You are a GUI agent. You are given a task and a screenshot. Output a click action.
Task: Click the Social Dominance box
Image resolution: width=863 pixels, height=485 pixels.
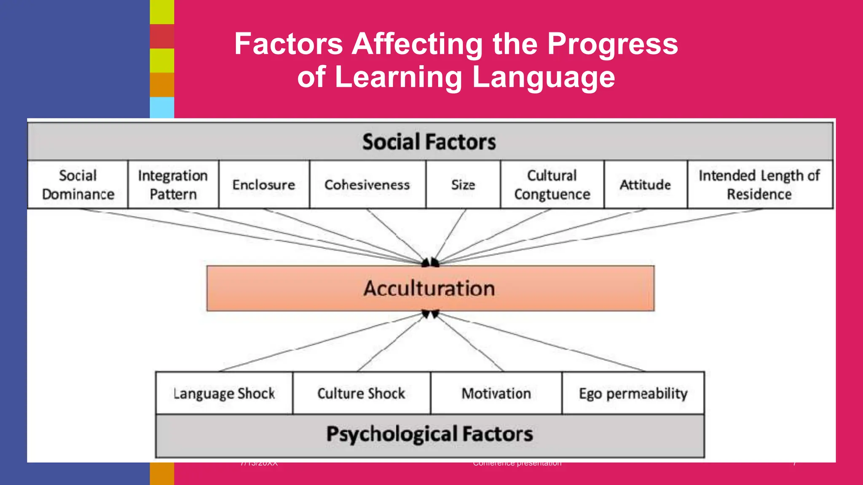78,184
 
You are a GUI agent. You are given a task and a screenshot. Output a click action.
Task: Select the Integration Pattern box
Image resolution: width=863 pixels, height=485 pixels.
173,184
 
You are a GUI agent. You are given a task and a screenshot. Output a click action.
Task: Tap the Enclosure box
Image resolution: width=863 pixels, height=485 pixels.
264,184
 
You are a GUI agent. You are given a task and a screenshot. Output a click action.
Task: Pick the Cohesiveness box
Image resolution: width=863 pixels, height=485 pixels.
367,184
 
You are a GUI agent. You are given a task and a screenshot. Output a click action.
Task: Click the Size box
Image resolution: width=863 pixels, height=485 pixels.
463,184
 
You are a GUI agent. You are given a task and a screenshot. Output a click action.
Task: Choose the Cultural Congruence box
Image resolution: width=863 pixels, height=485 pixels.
552,184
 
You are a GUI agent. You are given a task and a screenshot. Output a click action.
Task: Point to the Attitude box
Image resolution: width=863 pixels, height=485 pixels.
645,184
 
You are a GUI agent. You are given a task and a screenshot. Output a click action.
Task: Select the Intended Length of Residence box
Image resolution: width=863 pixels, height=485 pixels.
759,184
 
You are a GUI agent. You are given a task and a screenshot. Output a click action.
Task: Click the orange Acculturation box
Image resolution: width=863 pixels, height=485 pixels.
430,288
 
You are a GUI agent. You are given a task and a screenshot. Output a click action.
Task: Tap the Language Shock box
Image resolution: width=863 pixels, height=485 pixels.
224,393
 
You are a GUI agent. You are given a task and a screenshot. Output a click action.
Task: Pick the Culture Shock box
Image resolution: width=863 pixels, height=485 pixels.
361,393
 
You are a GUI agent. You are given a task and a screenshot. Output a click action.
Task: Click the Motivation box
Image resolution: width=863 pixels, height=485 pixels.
496,393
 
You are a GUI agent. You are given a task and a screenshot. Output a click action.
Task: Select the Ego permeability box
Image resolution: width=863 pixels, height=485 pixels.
633,393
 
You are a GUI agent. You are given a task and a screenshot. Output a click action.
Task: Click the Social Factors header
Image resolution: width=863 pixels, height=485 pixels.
429,141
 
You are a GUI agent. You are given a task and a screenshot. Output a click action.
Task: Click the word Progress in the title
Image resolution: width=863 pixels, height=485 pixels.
612,44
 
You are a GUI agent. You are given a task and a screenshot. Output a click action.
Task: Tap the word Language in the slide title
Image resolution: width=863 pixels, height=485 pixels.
544,77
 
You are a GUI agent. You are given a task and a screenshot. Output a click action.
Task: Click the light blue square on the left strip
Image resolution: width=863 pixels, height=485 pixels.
162,108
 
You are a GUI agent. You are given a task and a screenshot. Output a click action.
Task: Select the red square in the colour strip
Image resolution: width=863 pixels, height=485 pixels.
162,36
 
